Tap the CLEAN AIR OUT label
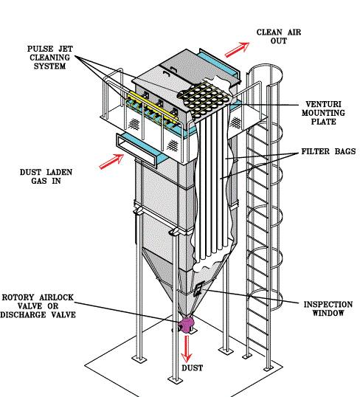278,37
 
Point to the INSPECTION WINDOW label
328,309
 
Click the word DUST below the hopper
193,367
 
